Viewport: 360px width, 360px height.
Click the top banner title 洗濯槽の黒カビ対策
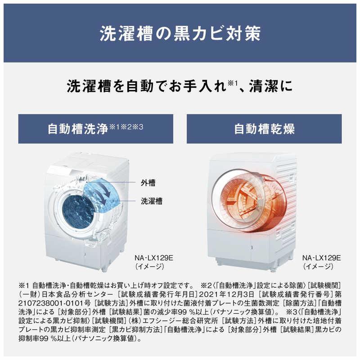[180, 33]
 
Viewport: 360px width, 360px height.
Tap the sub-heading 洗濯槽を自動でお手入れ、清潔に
[180, 85]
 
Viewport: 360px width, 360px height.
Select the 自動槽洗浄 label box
[95, 129]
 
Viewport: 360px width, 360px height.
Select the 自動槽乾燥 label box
[264, 129]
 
